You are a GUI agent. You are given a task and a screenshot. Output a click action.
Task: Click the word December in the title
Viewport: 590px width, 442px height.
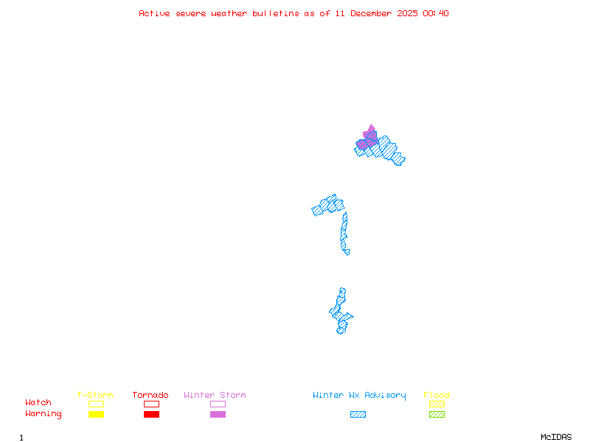373,13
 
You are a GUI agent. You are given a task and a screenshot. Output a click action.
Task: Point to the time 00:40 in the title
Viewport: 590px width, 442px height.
437,13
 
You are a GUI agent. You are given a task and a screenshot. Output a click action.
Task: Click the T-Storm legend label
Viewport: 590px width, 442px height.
95,395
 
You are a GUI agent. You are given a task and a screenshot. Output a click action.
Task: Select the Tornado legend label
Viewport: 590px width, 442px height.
150,395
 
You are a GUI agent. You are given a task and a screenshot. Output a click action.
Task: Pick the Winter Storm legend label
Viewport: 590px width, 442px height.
215,395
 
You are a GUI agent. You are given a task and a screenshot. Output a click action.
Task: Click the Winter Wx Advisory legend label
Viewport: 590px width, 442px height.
359,395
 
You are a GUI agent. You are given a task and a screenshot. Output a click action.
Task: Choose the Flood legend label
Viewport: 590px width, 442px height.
437,395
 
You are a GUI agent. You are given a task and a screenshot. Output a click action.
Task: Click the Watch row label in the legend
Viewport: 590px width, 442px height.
38,403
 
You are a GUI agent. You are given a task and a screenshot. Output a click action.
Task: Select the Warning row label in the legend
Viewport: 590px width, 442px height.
44,414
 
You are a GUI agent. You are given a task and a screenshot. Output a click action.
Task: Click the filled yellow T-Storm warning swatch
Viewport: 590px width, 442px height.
96,414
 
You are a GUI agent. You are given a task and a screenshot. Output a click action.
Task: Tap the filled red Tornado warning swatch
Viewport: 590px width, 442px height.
151,414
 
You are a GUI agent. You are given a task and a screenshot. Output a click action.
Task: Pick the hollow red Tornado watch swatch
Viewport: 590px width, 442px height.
151,404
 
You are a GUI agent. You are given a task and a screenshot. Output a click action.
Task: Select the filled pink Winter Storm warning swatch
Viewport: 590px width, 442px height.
218,414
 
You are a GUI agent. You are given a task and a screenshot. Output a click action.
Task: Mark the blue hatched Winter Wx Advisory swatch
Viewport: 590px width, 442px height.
358,414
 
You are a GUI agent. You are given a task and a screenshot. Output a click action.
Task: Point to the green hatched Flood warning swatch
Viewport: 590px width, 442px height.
437,414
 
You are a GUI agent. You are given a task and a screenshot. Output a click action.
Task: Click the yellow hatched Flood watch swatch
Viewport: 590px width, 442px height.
437,404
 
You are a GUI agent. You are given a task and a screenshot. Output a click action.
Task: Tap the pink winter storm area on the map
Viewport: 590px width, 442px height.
369,136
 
